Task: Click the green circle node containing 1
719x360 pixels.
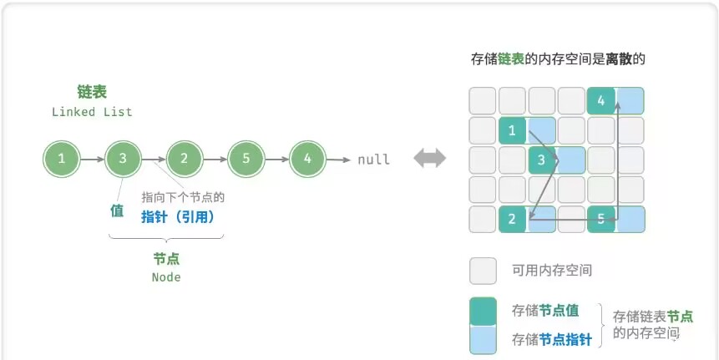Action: pyautogui.click(x=62, y=159)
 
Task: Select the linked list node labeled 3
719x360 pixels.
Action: pyautogui.click(x=124, y=159)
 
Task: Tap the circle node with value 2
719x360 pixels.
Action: pyautogui.click(x=185, y=159)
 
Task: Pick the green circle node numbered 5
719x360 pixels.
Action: pyautogui.click(x=246, y=159)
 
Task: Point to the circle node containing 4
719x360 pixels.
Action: pyautogui.click(x=308, y=159)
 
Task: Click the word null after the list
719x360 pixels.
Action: pyautogui.click(x=373, y=160)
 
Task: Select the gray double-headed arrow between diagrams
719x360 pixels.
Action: pyautogui.click(x=430, y=159)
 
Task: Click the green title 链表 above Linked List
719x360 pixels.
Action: pyautogui.click(x=92, y=92)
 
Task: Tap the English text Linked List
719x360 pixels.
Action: pyautogui.click(x=92, y=112)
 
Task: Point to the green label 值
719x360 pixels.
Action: pyautogui.click(x=118, y=211)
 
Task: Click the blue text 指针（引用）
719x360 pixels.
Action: pyautogui.click(x=179, y=216)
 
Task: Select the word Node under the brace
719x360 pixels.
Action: pyautogui.click(x=166, y=277)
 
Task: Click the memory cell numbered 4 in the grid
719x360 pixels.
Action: pyautogui.click(x=601, y=101)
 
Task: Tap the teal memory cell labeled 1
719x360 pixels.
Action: pyautogui.click(x=512, y=131)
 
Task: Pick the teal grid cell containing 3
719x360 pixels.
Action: pyautogui.click(x=542, y=160)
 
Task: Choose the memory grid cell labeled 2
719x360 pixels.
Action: pyautogui.click(x=512, y=219)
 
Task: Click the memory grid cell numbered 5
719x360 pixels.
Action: pyautogui.click(x=601, y=219)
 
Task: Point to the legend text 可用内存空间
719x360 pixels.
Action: pyautogui.click(x=540, y=271)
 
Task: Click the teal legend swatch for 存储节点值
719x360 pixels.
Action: pyautogui.click(x=484, y=311)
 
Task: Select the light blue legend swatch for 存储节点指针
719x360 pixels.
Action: pyautogui.click(x=484, y=338)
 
